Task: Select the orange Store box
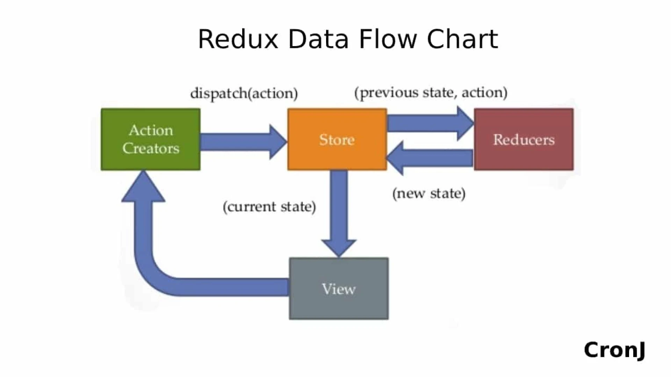[x=337, y=139]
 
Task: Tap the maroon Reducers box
[x=524, y=139]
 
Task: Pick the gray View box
[x=339, y=289]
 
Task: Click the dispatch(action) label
[x=244, y=94]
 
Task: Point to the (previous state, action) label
[x=431, y=93]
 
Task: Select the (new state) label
[x=429, y=193]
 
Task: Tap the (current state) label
[x=269, y=207]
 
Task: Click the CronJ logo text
[x=614, y=350]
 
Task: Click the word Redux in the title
[x=238, y=39]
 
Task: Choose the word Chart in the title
[x=462, y=39]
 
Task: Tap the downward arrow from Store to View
[x=339, y=213]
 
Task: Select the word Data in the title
[x=318, y=39]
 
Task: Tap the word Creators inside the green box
[x=151, y=149]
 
